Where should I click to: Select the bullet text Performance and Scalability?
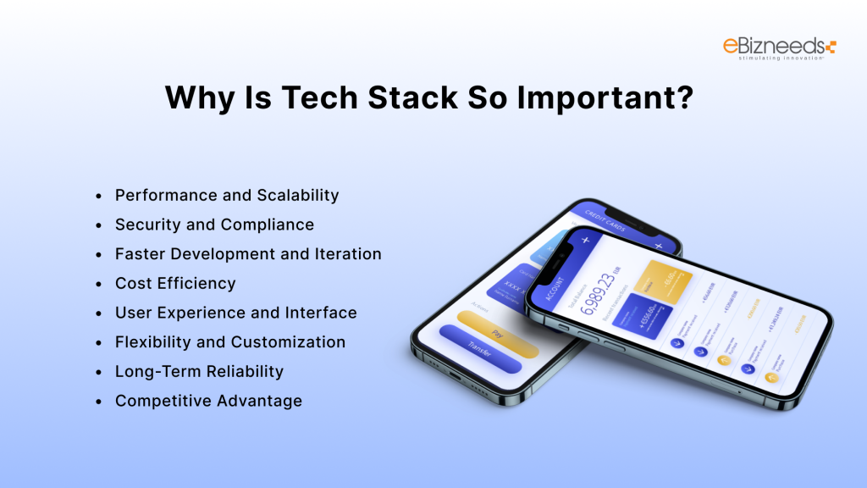(x=227, y=195)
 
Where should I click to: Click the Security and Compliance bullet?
(x=214, y=225)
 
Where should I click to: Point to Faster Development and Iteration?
(x=248, y=254)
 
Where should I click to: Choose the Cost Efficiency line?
(x=175, y=283)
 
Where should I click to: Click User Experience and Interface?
(x=235, y=313)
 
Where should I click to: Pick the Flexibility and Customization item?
(x=230, y=342)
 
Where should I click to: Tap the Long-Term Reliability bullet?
(x=199, y=371)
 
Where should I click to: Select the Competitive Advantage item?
(x=208, y=401)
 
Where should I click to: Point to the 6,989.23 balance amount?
(x=606, y=292)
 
